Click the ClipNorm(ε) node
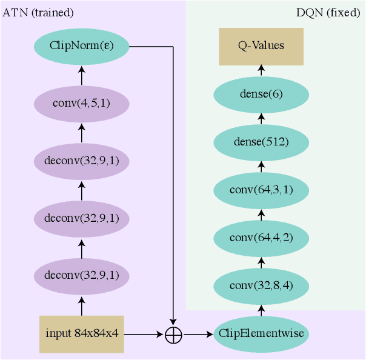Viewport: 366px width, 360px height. tap(82, 45)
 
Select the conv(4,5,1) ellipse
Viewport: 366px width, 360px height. tap(82, 103)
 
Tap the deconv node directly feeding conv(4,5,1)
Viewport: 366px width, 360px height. tap(82, 161)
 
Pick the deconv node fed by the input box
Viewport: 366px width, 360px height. tap(82, 275)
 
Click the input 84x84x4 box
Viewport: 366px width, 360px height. tap(82, 334)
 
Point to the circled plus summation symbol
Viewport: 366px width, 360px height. tap(174, 334)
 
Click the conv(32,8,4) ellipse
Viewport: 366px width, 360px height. tap(261, 285)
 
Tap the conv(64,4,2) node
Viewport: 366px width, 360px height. tap(261, 237)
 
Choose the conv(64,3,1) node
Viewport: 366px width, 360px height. tap(261, 190)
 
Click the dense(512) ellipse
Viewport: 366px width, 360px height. tap(261, 142)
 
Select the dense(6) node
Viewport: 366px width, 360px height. tap(261, 94)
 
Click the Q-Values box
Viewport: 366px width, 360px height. tap(261, 45)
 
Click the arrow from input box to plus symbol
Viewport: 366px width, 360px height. tap(144, 334)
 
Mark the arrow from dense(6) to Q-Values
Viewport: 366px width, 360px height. tap(261, 71)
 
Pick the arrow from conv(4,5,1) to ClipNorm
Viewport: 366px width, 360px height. tap(82, 74)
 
